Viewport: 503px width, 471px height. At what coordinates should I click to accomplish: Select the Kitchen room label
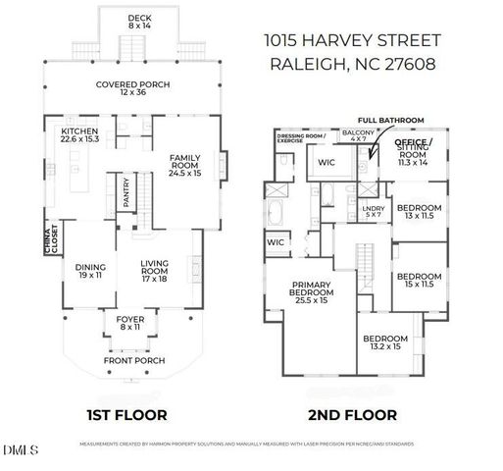point(79,133)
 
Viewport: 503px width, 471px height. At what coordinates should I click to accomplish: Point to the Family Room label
point(184,162)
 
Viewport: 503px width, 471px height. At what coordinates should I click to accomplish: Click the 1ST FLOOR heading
point(127,414)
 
